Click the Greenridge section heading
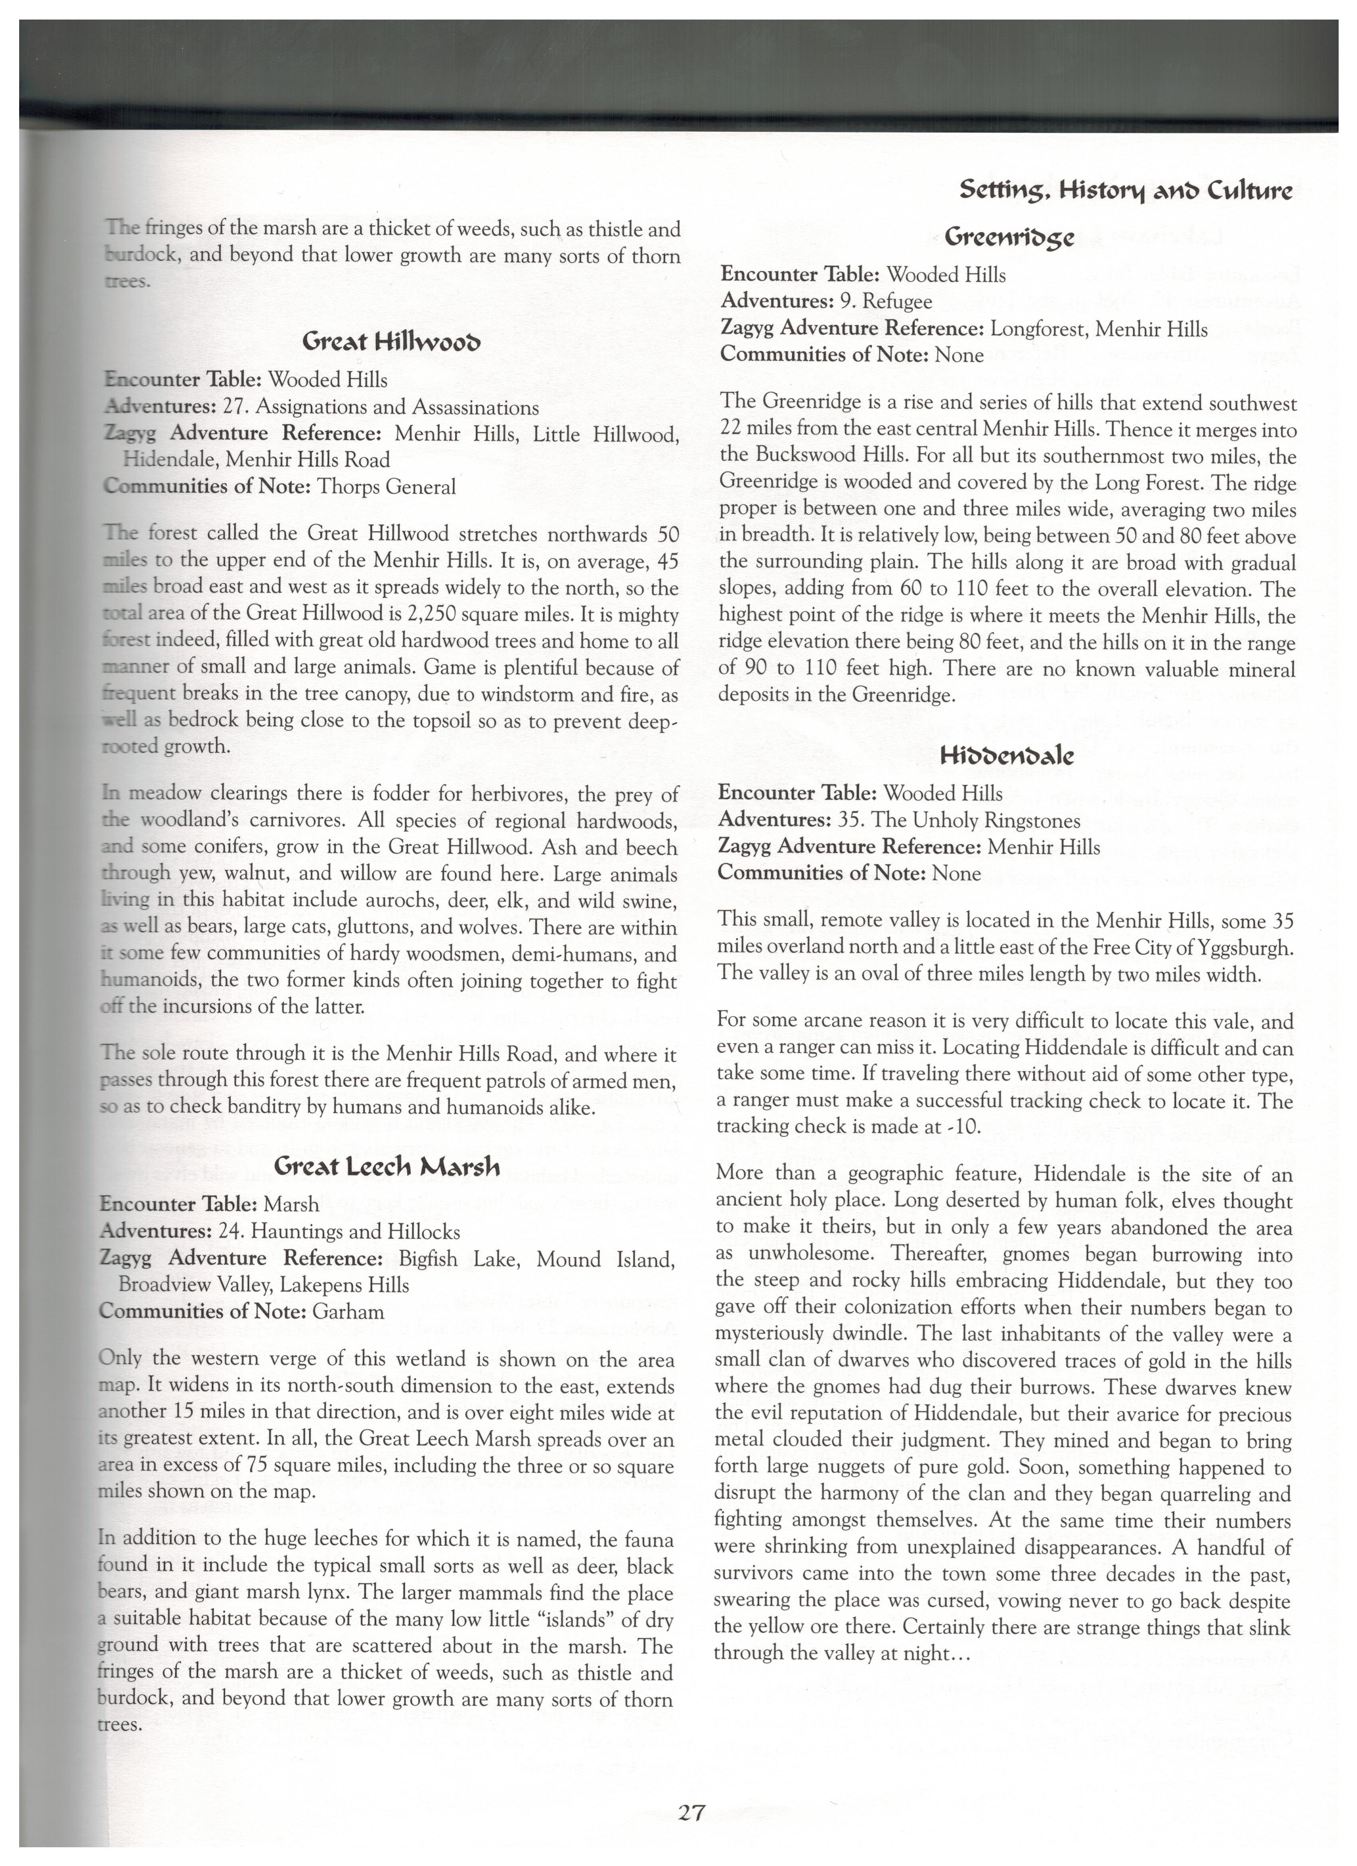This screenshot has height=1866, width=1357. pos(1009,237)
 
